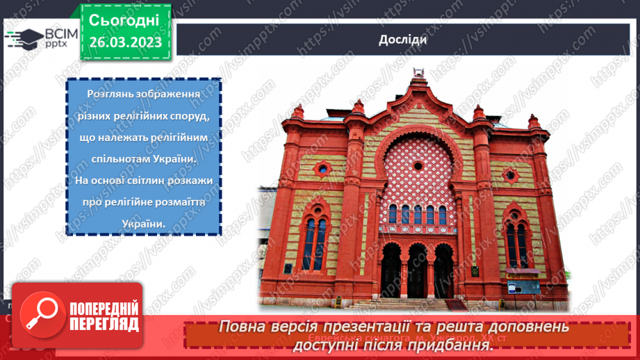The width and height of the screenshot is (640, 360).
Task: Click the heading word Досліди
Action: (403, 39)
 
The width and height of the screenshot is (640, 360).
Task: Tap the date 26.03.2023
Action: (125, 42)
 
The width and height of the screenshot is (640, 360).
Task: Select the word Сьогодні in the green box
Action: (124, 19)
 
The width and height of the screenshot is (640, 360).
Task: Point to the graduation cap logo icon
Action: (25, 39)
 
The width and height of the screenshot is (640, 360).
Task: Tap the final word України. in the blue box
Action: (144, 224)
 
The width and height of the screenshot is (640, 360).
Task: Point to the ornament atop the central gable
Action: (418, 72)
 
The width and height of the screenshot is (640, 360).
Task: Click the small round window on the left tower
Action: (322, 168)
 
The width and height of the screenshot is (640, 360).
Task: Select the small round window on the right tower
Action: (511, 176)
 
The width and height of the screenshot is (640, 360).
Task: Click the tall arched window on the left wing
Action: (315, 243)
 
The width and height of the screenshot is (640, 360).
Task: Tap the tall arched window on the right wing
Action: (516, 244)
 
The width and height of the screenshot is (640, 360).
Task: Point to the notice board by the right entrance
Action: (523, 287)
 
